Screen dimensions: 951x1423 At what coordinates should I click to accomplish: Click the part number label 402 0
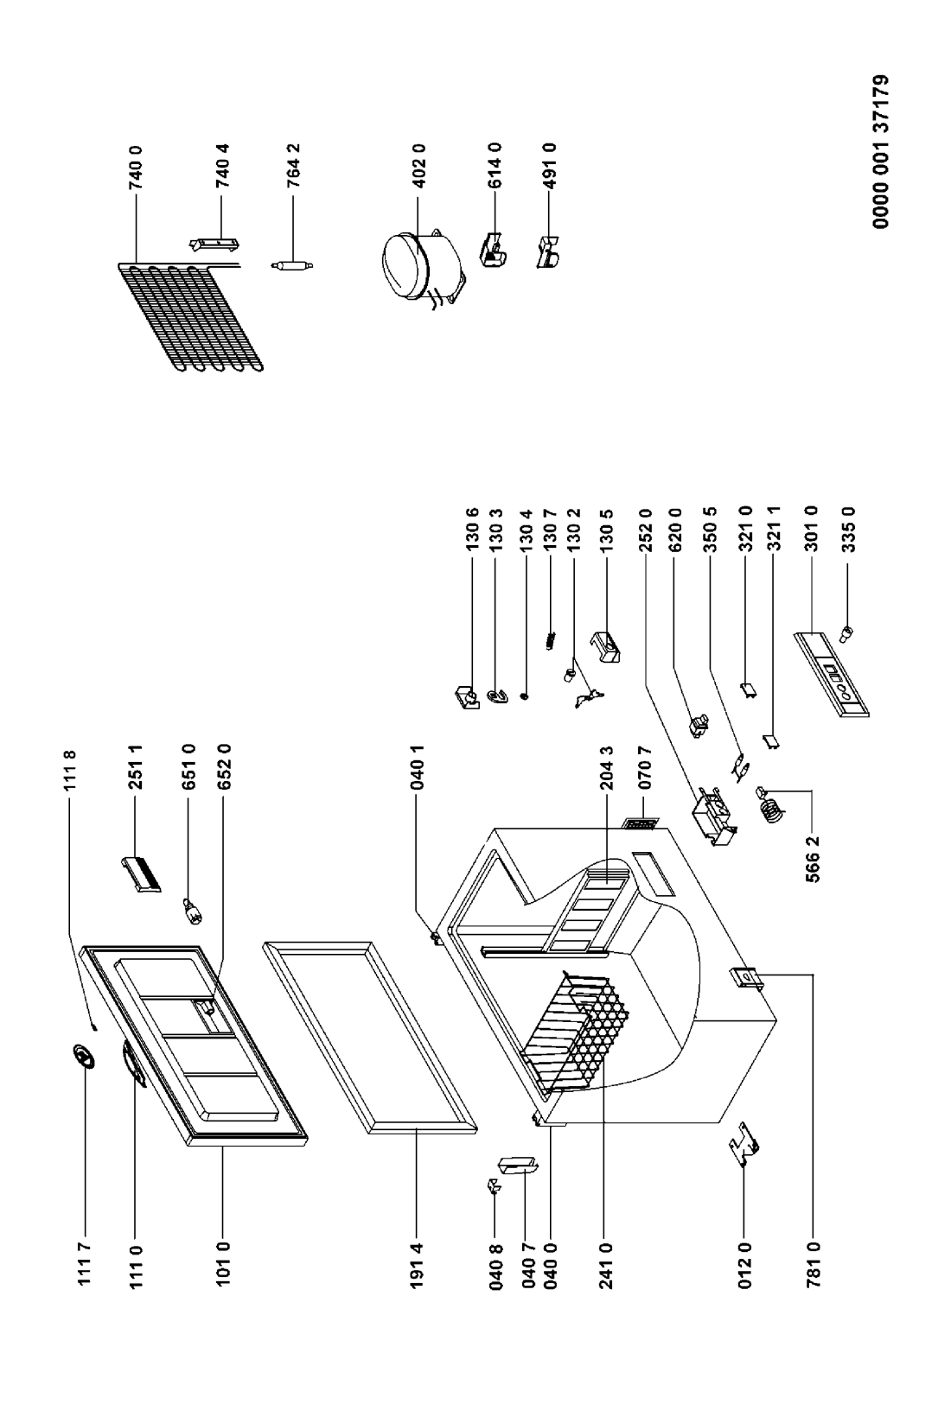(418, 166)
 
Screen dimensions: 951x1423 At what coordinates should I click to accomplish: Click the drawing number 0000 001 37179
(880, 151)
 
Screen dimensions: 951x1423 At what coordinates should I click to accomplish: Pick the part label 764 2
(293, 166)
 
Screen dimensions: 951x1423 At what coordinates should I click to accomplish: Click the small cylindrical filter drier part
(292, 266)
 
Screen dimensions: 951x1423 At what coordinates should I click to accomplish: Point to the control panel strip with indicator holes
(831, 675)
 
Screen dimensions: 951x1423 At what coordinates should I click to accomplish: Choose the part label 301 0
(811, 529)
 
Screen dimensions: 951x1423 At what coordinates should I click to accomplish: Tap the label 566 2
(813, 860)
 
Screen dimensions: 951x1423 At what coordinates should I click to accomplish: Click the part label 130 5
(606, 529)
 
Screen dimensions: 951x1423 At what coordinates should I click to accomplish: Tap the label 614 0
(495, 166)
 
